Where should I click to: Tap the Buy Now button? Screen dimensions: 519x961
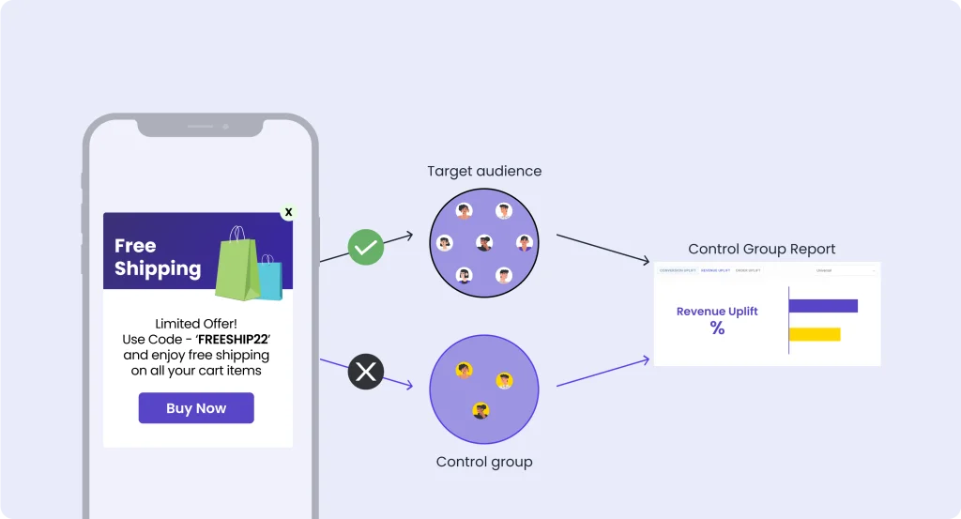(196, 408)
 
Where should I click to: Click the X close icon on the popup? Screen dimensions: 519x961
(288, 212)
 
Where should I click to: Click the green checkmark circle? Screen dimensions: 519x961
(365, 248)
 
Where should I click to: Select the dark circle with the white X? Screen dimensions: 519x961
(365, 373)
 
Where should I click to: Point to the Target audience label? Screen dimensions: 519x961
(484, 171)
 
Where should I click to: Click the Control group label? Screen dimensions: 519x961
(484, 462)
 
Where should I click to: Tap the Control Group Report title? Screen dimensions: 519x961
(761, 249)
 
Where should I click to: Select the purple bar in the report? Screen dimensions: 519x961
(823, 306)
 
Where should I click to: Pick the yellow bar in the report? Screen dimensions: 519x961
(815, 334)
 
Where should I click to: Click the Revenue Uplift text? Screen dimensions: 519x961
(717, 312)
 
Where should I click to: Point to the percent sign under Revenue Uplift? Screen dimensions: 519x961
(717, 328)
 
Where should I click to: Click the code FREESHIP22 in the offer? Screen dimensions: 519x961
(221, 339)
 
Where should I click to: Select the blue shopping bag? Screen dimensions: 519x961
(271, 280)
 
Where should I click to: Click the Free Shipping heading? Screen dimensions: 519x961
(157, 257)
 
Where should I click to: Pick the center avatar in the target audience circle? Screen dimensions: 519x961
(484, 243)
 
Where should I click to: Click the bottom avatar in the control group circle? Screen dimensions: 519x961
(481, 410)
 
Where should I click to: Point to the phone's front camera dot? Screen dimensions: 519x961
(225, 126)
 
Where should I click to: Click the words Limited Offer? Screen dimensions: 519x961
(197, 323)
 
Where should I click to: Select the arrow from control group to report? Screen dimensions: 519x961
(603, 372)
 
